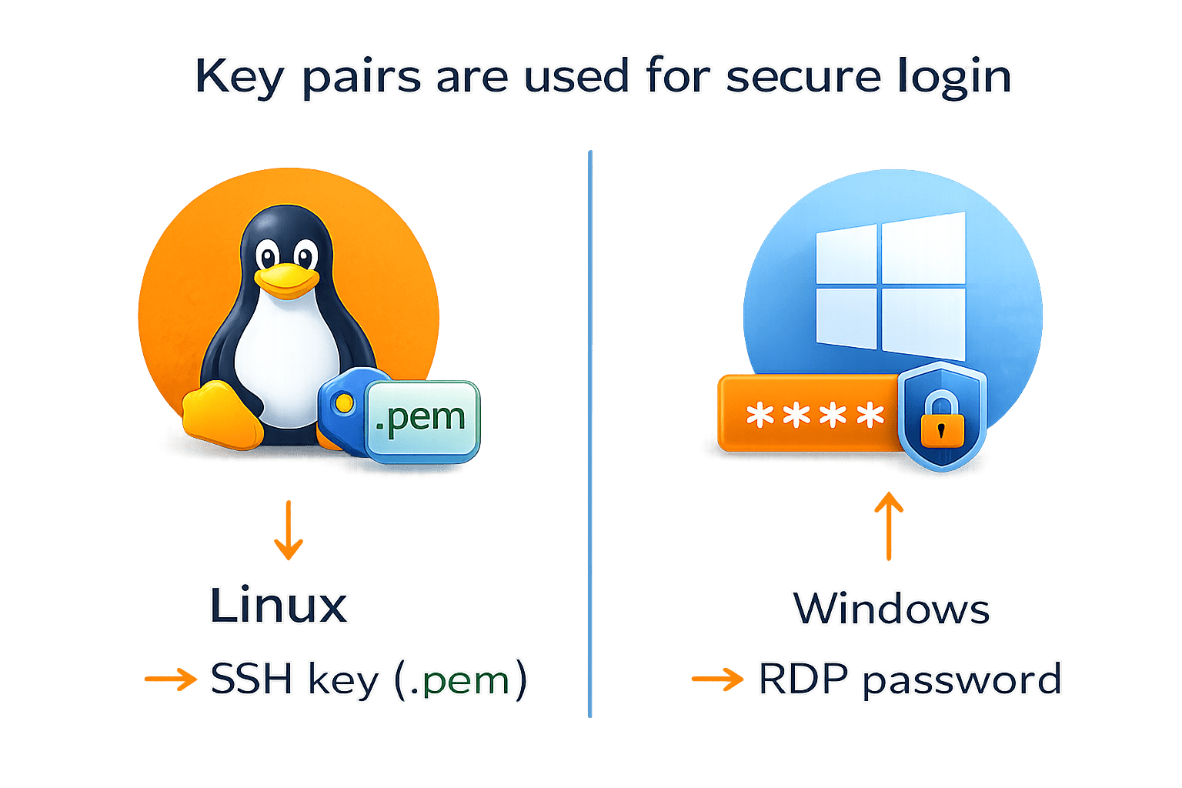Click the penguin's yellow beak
click(x=286, y=280)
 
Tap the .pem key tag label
click(x=420, y=419)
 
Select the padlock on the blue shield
click(x=941, y=420)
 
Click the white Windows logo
click(x=890, y=288)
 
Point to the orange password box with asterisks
click(x=808, y=416)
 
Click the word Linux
click(x=279, y=606)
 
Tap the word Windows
click(x=891, y=609)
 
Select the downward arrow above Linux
click(x=289, y=530)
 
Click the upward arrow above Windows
click(x=889, y=527)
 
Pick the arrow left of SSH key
click(x=170, y=679)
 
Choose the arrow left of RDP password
click(x=717, y=679)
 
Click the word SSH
click(x=251, y=679)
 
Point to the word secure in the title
click(x=803, y=77)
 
